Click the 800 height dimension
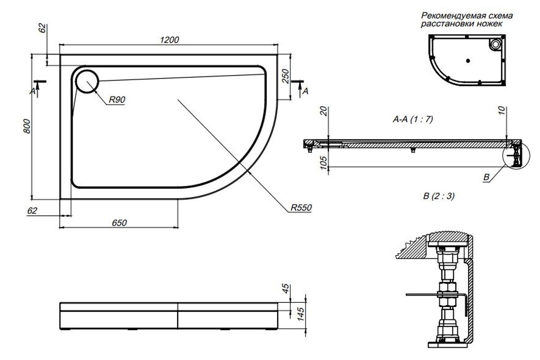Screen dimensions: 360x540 click(x=27, y=127)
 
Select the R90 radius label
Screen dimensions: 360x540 click(x=117, y=100)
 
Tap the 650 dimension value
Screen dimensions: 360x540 click(x=119, y=222)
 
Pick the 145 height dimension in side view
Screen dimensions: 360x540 click(x=301, y=310)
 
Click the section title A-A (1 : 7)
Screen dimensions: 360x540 click(x=413, y=120)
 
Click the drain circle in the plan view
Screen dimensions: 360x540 click(x=86, y=81)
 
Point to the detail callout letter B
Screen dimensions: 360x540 click(x=486, y=178)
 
